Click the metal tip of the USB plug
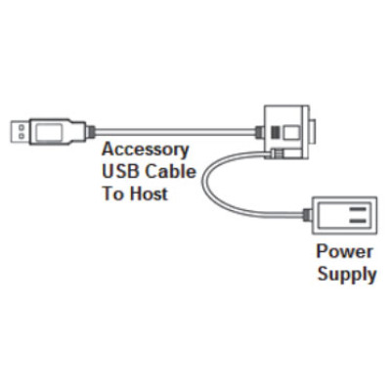21,129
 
